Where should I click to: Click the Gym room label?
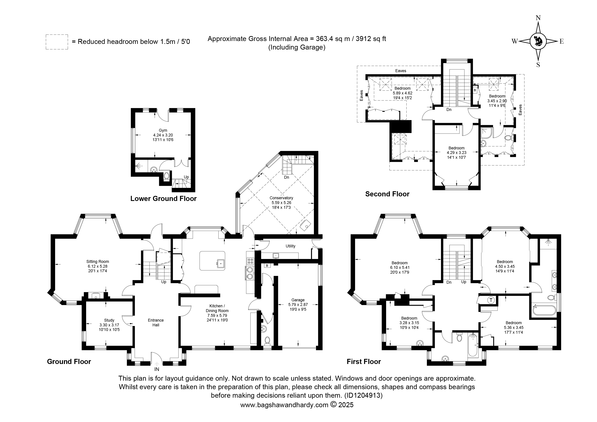point(163,130)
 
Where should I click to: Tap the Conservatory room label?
point(281,198)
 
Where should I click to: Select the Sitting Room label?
point(98,262)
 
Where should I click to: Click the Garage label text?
point(298,300)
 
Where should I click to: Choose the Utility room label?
point(290,246)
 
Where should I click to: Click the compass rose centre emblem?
point(538,41)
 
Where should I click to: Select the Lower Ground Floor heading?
point(163,199)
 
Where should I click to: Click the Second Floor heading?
point(387,194)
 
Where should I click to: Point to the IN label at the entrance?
point(157,369)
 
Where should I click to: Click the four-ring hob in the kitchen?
point(250,261)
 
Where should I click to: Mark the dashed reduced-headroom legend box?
point(57,42)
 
